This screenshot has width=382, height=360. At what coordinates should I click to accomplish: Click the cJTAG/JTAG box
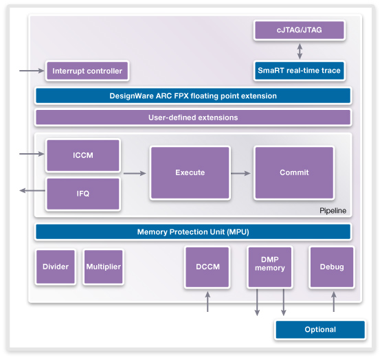point(299,30)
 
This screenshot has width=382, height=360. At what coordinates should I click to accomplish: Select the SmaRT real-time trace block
point(299,71)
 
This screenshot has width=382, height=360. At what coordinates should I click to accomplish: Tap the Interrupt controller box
point(87,71)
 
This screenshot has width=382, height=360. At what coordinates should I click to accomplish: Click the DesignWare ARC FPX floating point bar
point(193,95)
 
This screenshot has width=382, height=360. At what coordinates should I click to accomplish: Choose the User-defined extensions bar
point(193,117)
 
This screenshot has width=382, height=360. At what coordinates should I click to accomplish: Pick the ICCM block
point(83,155)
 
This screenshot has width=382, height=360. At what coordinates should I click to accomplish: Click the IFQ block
point(83,194)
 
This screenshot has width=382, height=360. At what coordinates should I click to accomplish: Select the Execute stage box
point(190,172)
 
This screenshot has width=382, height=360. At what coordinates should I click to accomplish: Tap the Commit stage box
point(294,172)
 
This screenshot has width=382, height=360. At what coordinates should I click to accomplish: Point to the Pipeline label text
point(333,211)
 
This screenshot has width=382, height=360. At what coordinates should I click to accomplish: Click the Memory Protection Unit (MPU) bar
point(193,232)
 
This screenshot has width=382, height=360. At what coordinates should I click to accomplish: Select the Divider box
point(56,267)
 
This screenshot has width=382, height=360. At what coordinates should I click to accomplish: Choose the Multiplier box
point(104,267)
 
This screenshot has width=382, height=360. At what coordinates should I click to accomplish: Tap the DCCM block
point(207,267)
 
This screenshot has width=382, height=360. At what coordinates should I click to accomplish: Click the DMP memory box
point(270,267)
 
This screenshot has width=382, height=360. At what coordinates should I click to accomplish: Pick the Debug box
point(332,267)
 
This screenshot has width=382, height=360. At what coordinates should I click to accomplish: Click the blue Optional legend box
point(320,330)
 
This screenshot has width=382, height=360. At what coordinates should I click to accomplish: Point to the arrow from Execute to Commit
point(240,173)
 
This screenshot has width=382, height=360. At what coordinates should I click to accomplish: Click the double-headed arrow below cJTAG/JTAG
point(300,51)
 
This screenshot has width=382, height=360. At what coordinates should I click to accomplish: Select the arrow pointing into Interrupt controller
point(32,71)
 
